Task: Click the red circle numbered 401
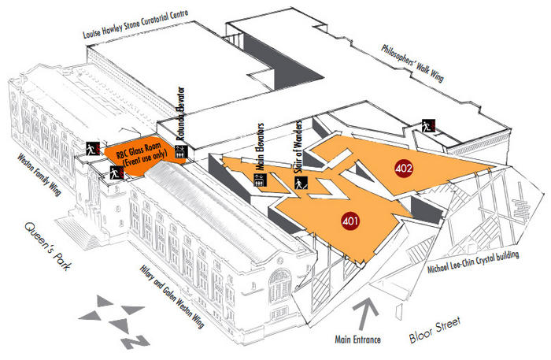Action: pos(351,222)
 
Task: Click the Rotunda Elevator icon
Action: pos(180,154)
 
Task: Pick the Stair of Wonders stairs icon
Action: pos(300,185)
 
